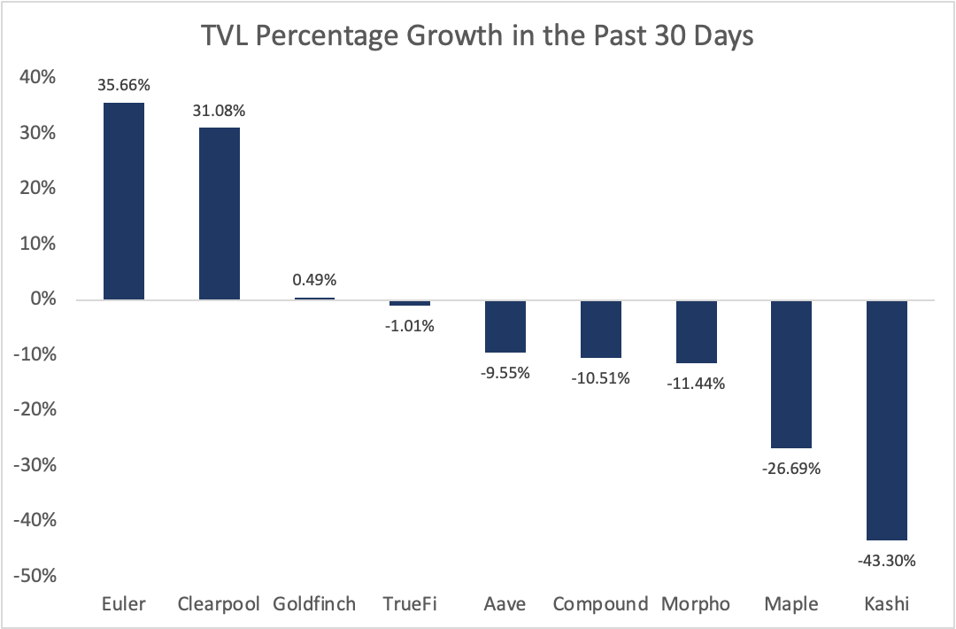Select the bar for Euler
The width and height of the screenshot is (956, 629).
click(x=124, y=201)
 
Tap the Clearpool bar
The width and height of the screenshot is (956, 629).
click(x=220, y=214)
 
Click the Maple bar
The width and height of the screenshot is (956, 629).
click(x=790, y=374)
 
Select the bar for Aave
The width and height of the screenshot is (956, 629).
click(x=505, y=326)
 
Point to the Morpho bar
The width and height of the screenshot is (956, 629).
click(x=696, y=331)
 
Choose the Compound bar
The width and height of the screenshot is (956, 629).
click(x=600, y=329)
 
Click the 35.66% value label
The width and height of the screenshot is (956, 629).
click(x=124, y=86)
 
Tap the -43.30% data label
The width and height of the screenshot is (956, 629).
click(x=886, y=560)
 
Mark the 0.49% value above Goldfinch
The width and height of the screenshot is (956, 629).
click(x=314, y=281)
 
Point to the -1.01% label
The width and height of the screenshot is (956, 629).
click(x=410, y=325)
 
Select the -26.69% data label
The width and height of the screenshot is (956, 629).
click(x=790, y=468)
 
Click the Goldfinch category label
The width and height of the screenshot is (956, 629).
click(x=314, y=604)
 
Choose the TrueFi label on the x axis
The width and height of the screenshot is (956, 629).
click(x=410, y=604)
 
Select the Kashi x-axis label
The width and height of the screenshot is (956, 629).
click(x=886, y=604)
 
